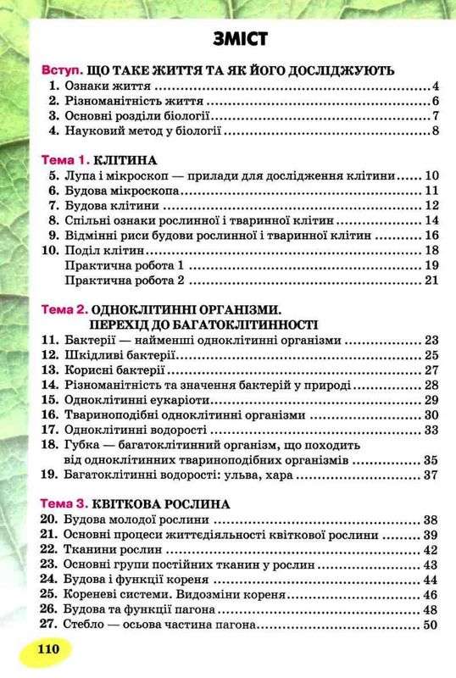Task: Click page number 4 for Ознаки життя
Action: pos(433,86)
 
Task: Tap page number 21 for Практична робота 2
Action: pos(430,280)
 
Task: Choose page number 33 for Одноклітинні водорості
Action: pos(430,430)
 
